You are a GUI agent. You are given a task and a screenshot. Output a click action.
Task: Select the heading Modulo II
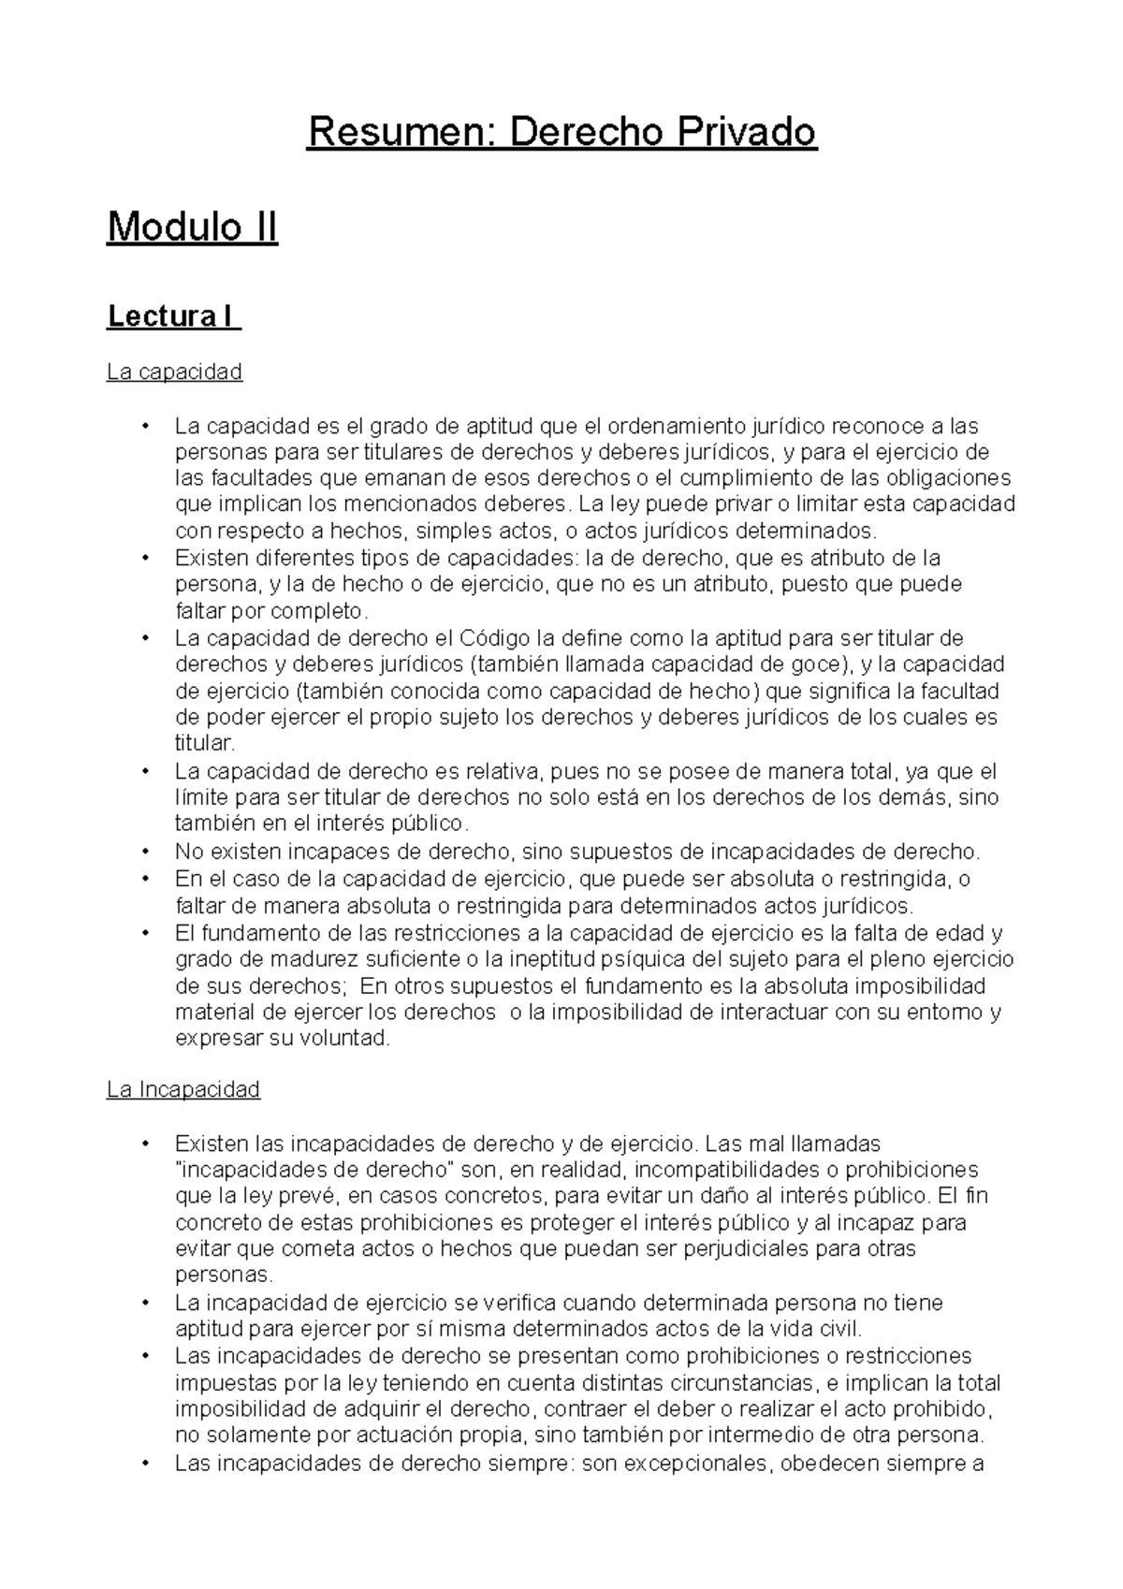click(192, 227)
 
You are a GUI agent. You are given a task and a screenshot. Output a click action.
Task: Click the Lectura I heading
click(173, 317)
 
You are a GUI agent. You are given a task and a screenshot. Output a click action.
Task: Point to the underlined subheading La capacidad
click(174, 372)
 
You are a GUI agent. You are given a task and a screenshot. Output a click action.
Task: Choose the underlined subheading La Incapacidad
click(183, 1089)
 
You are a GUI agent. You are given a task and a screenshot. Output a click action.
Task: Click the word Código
click(494, 638)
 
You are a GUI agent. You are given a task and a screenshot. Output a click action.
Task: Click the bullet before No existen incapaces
click(145, 852)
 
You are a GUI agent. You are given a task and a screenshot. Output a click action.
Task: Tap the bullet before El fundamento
click(145, 933)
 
